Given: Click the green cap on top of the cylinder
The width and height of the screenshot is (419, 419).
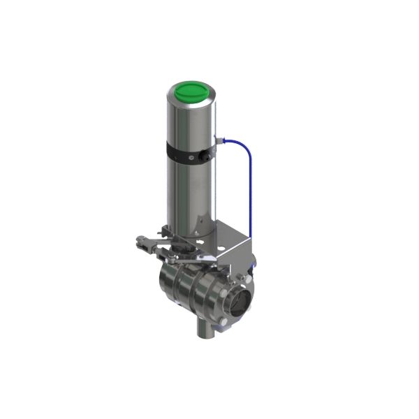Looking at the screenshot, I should (x=191, y=92).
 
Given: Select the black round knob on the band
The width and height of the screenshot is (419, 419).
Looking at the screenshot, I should (x=206, y=156).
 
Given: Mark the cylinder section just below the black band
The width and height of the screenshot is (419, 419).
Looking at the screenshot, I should (x=189, y=189).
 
